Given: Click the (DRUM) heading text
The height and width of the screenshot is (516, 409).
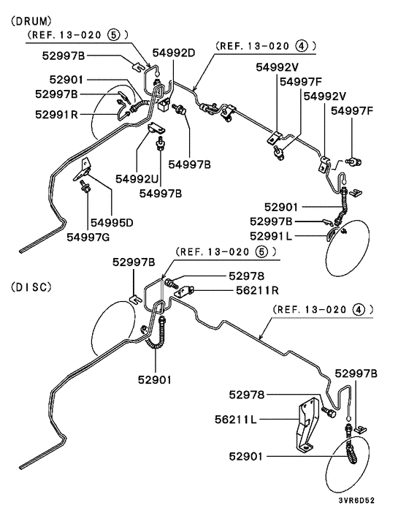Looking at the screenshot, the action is (x=31, y=21).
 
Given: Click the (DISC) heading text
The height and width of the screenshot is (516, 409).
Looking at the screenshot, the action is (x=31, y=287).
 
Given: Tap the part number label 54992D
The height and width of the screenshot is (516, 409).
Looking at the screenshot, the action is (x=174, y=53).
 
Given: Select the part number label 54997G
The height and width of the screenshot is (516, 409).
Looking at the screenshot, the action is (x=88, y=237).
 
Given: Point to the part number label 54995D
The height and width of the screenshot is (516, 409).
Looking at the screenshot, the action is (x=112, y=223).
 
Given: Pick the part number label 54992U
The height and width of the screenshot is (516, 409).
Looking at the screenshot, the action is (x=137, y=179).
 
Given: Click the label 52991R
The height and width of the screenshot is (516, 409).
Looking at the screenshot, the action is (x=56, y=115).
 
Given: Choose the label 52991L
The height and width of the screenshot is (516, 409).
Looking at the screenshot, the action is (x=271, y=236).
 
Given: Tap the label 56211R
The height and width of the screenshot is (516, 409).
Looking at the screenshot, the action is (x=257, y=290).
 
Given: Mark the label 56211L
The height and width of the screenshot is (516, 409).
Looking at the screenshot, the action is (x=236, y=420).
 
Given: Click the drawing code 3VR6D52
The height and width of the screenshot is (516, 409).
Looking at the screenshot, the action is (x=356, y=501).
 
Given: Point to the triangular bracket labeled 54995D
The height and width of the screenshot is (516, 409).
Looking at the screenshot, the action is (x=83, y=170).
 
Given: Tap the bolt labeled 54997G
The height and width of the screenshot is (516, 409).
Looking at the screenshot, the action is (x=85, y=188).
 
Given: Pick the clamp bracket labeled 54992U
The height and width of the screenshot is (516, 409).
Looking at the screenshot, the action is (x=156, y=128).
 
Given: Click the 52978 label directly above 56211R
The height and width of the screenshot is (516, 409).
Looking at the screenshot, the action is (x=247, y=276).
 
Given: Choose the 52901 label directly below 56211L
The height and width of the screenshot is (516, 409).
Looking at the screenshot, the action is (x=246, y=457).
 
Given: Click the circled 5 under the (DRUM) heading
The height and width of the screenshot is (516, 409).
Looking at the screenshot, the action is (x=113, y=34).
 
